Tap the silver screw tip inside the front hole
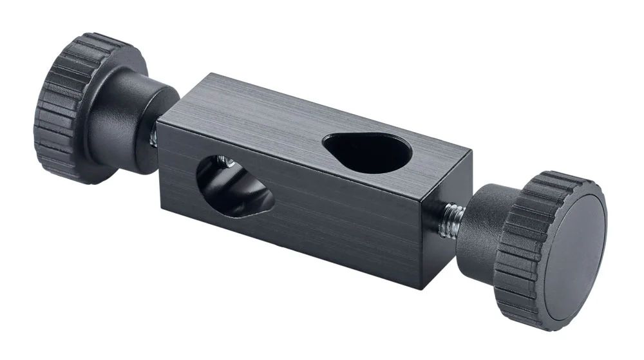click(223, 162)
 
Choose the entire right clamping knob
click(535, 245)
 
